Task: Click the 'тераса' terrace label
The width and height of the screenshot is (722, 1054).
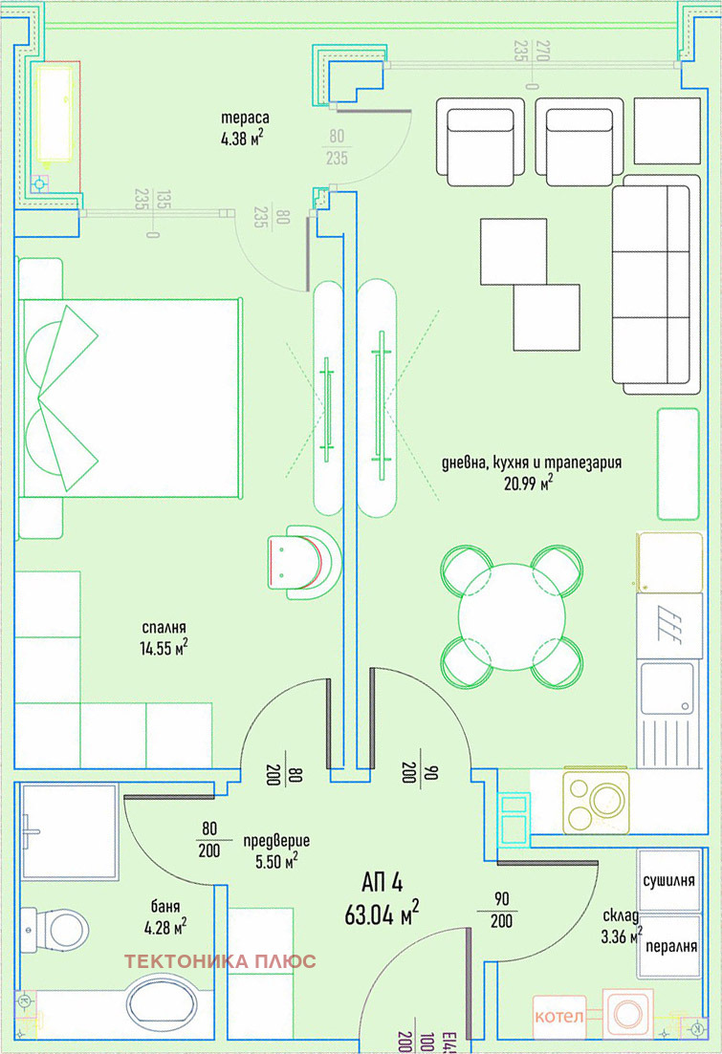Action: (245, 118)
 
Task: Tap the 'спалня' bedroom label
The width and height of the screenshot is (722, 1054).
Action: (164, 628)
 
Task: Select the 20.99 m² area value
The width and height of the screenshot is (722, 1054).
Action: (529, 482)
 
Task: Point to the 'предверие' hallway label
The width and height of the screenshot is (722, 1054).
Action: (276, 840)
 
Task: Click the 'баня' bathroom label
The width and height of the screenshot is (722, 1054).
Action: (164, 907)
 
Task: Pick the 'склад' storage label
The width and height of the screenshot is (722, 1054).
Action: (621, 915)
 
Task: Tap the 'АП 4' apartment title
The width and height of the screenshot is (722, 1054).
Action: (383, 882)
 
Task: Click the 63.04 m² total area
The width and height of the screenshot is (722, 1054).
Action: (382, 914)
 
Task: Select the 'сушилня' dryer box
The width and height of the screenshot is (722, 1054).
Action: (668, 881)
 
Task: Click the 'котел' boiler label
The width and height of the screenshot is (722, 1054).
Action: (559, 1016)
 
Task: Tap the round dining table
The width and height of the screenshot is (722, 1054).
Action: (512, 616)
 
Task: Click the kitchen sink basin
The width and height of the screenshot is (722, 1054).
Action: (667, 688)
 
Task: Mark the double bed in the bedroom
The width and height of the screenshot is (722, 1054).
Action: (131, 398)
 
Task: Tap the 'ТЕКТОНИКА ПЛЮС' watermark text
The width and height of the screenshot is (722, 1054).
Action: (220, 961)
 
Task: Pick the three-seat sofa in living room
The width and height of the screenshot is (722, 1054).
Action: (655, 285)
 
